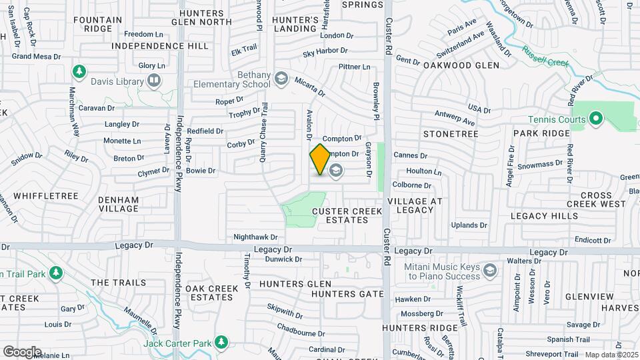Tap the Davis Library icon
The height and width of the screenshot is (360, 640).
(x=155, y=81)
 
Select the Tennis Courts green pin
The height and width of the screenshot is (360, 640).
(x=595, y=120)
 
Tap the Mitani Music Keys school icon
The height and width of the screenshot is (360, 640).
(x=491, y=270)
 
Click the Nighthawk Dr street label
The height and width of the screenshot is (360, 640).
(x=255, y=237)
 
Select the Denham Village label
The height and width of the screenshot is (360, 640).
(x=118, y=204)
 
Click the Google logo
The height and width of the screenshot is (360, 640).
(x=22, y=352)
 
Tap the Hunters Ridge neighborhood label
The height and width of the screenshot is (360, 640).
(x=425, y=328)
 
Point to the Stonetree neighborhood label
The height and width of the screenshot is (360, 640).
(x=451, y=134)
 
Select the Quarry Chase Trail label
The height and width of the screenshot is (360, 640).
(x=264, y=132)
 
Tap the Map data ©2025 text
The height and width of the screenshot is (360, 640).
(x=611, y=355)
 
